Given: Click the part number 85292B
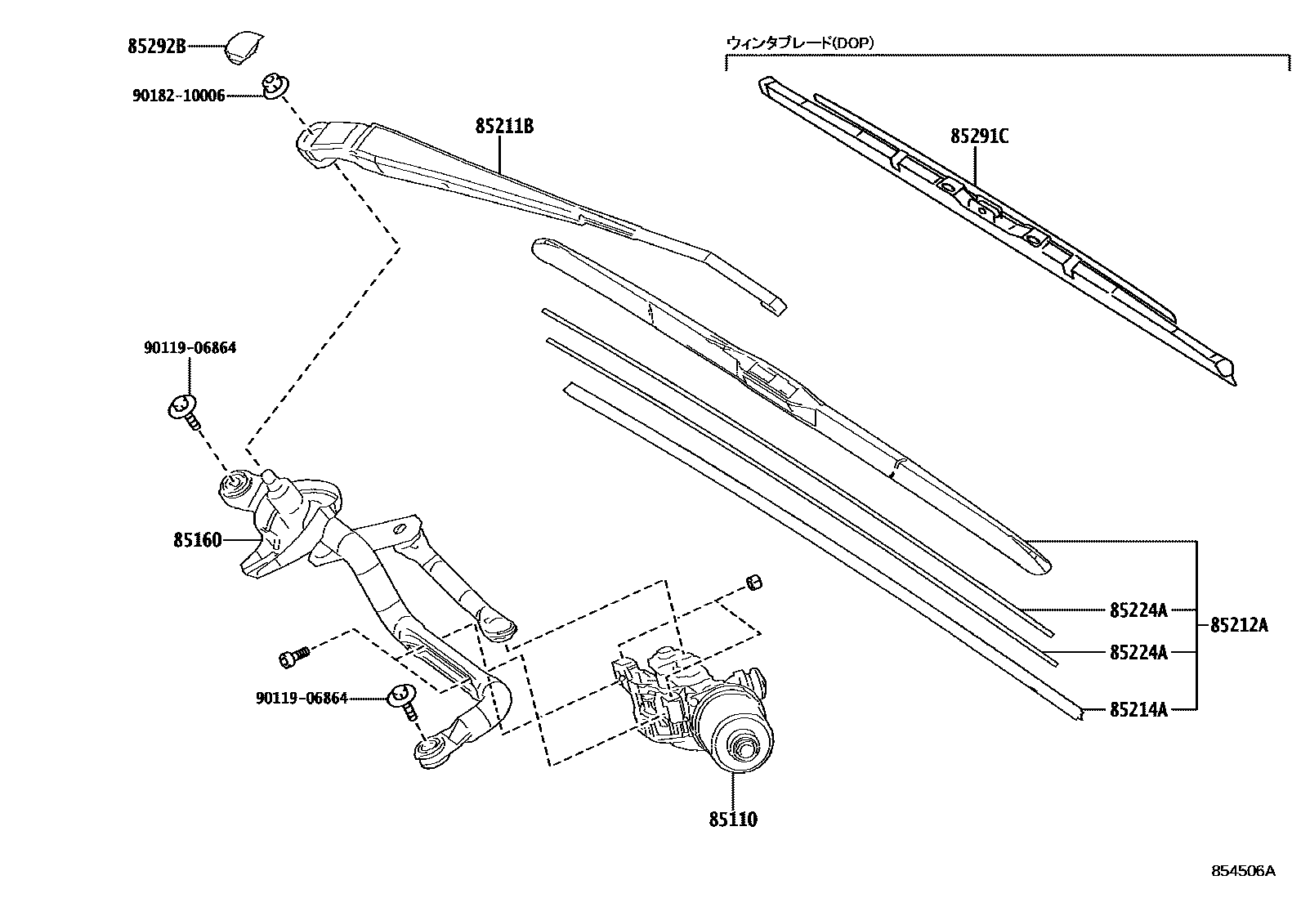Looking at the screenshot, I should click(x=156, y=47).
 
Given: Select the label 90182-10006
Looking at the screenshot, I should click(x=178, y=96).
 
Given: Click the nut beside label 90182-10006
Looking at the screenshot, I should click(x=274, y=85).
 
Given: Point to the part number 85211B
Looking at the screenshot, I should click(x=503, y=127).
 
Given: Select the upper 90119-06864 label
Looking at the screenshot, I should click(x=190, y=347).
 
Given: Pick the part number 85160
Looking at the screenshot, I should click(x=197, y=540).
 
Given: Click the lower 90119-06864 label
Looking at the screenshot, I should click(x=302, y=698).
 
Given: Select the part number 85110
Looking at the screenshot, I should click(x=732, y=819).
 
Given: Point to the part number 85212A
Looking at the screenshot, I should click(x=1238, y=626).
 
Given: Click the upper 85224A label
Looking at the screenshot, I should click(x=1138, y=610).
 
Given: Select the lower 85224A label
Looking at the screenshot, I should click(x=1138, y=652).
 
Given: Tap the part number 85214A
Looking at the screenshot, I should click(x=1138, y=709).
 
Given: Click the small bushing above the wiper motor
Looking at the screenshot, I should click(x=753, y=582).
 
